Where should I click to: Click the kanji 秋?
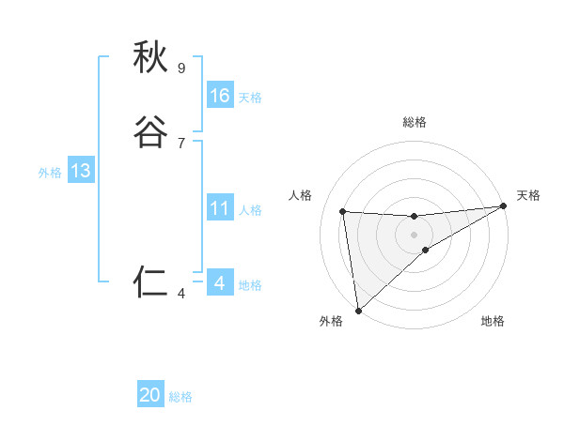point(151,58)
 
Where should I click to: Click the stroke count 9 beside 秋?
point(180,68)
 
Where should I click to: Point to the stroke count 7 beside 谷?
point(180,143)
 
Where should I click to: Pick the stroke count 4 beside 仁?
point(180,294)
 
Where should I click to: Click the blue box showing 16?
point(220,96)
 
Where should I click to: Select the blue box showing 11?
point(220,208)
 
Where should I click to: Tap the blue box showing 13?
point(80,171)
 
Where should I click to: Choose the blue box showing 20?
point(150,395)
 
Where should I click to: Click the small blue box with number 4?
point(220,283)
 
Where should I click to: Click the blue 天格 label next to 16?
point(250,98)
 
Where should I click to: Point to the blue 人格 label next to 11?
point(250,210)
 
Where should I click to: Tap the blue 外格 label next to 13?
point(50,173)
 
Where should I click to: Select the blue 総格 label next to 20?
point(180,397)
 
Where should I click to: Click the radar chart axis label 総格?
point(415,122)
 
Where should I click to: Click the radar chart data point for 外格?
point(358,310)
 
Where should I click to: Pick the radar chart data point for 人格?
point(343,211)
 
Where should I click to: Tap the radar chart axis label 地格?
point(493,321)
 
